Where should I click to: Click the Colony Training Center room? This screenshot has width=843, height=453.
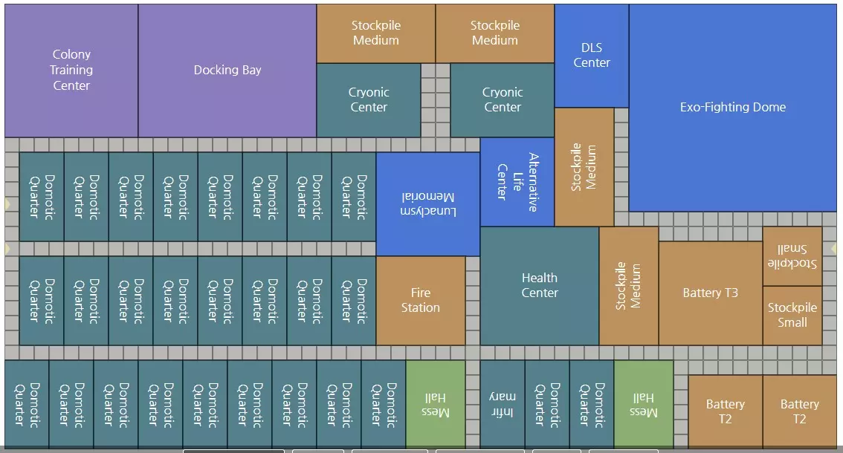[x=71, y=71]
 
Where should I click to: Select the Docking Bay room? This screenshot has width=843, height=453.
[x=227, y=71]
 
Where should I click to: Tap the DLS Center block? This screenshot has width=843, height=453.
[x=592, y=56]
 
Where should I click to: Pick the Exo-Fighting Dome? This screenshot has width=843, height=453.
[x=733, y=108]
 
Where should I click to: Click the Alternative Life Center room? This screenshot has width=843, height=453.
[x=517, y=182]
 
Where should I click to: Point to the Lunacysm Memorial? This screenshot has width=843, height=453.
[x=428, y=204]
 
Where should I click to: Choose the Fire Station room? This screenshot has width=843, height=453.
[x=421, y=301]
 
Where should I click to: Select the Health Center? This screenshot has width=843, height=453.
[x=540, y=286]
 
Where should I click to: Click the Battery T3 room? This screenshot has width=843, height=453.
[x=711, y=293]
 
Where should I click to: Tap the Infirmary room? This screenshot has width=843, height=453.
[x=503, y=405]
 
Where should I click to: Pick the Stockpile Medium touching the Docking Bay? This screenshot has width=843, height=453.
[x=376, y=33]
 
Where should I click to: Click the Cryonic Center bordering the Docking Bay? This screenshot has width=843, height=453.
[x=369, y=100]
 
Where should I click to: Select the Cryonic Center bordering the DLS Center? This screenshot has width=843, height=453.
[x=503, y=100]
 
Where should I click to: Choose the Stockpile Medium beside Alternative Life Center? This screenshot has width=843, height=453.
[x=584, y=167]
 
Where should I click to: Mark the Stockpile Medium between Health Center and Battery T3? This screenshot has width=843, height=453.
[x=629, y=286]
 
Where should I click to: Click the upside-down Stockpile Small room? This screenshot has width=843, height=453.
[x=792, y=256]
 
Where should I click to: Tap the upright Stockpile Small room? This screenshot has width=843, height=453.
[x=792, y=316]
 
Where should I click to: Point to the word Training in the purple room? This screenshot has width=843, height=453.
[x=71, y=71]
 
